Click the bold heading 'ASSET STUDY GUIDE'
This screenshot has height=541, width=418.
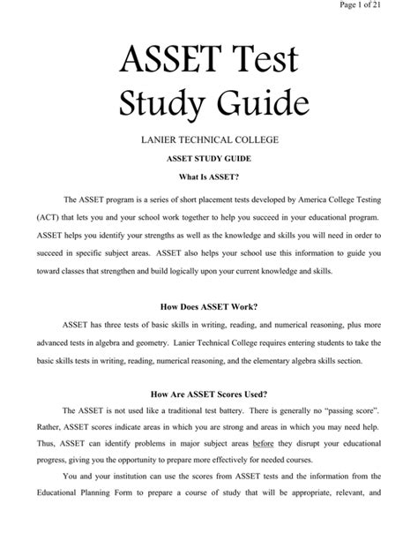point(208,162)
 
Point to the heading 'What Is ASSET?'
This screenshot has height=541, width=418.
point(208,180)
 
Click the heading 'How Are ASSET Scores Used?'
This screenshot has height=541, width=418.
point(208,395)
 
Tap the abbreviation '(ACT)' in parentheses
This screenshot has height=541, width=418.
point(48,217)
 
